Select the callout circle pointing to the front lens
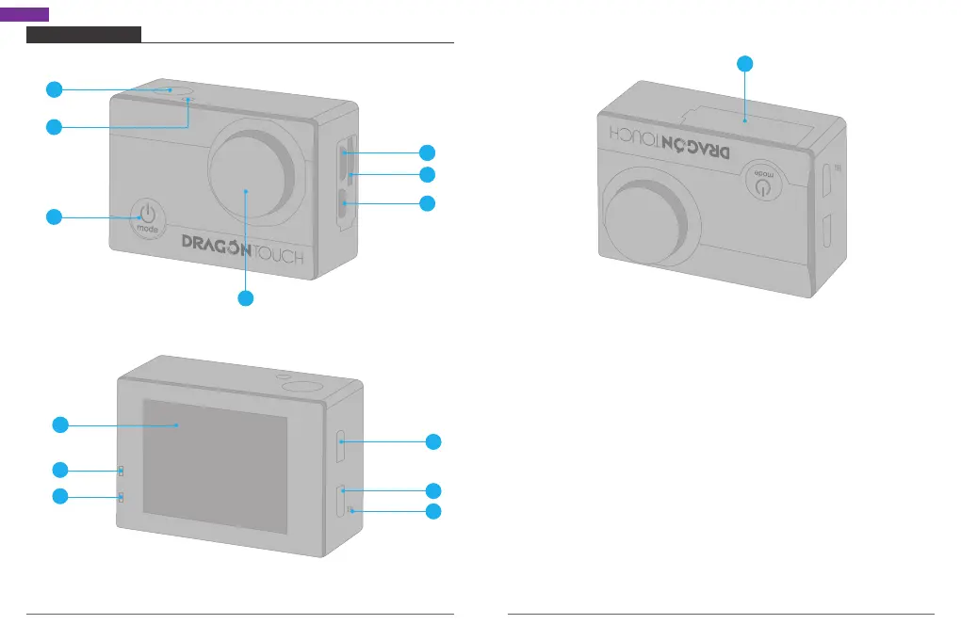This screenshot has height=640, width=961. (x=245, y=298)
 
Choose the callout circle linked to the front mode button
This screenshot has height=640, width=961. (x=55, y=217)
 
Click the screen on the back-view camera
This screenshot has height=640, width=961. (x=215, y=465)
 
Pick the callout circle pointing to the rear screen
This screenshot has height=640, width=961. (x=59, y=425)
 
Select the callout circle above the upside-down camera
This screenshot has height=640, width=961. (x=744, y=64)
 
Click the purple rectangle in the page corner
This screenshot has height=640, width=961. (x=24, y=14)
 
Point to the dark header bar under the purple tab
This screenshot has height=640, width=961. (x=84, y=35)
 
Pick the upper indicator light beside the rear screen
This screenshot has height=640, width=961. (x=122, y=471)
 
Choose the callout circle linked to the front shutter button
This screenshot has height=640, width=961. (x=55, y=89)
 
